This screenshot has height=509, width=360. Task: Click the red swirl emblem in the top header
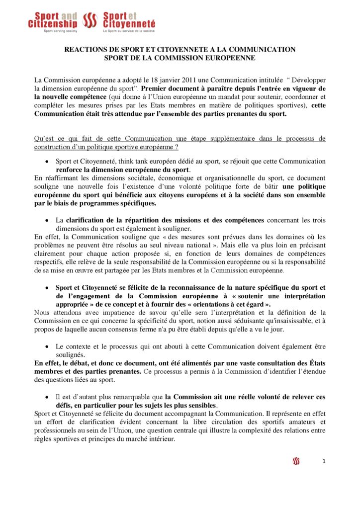click(x=90, y=20)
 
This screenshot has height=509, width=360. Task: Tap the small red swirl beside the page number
click(x=296, y=462)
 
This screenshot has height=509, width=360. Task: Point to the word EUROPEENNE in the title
click(x=227, y=58)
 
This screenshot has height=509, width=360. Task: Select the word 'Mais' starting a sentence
click(x=248, y=245)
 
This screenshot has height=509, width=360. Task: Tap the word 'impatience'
click(x=112, y=312)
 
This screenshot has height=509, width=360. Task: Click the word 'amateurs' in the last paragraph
click(x=310, y=422)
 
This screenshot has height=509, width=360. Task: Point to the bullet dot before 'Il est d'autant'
click(x=46, y=397)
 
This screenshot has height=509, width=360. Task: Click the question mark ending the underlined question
click(x=177, y=147)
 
